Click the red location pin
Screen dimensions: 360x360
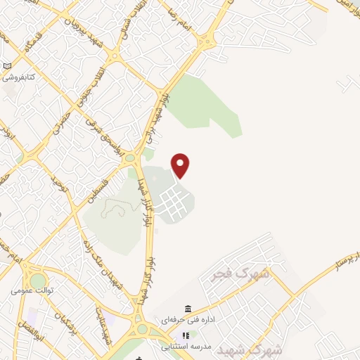pos(181,165)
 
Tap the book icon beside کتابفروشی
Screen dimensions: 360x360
pos(7,65)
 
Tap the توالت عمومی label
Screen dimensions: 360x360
pos(32,290)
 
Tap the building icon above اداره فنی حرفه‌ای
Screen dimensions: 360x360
pos(188,309)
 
